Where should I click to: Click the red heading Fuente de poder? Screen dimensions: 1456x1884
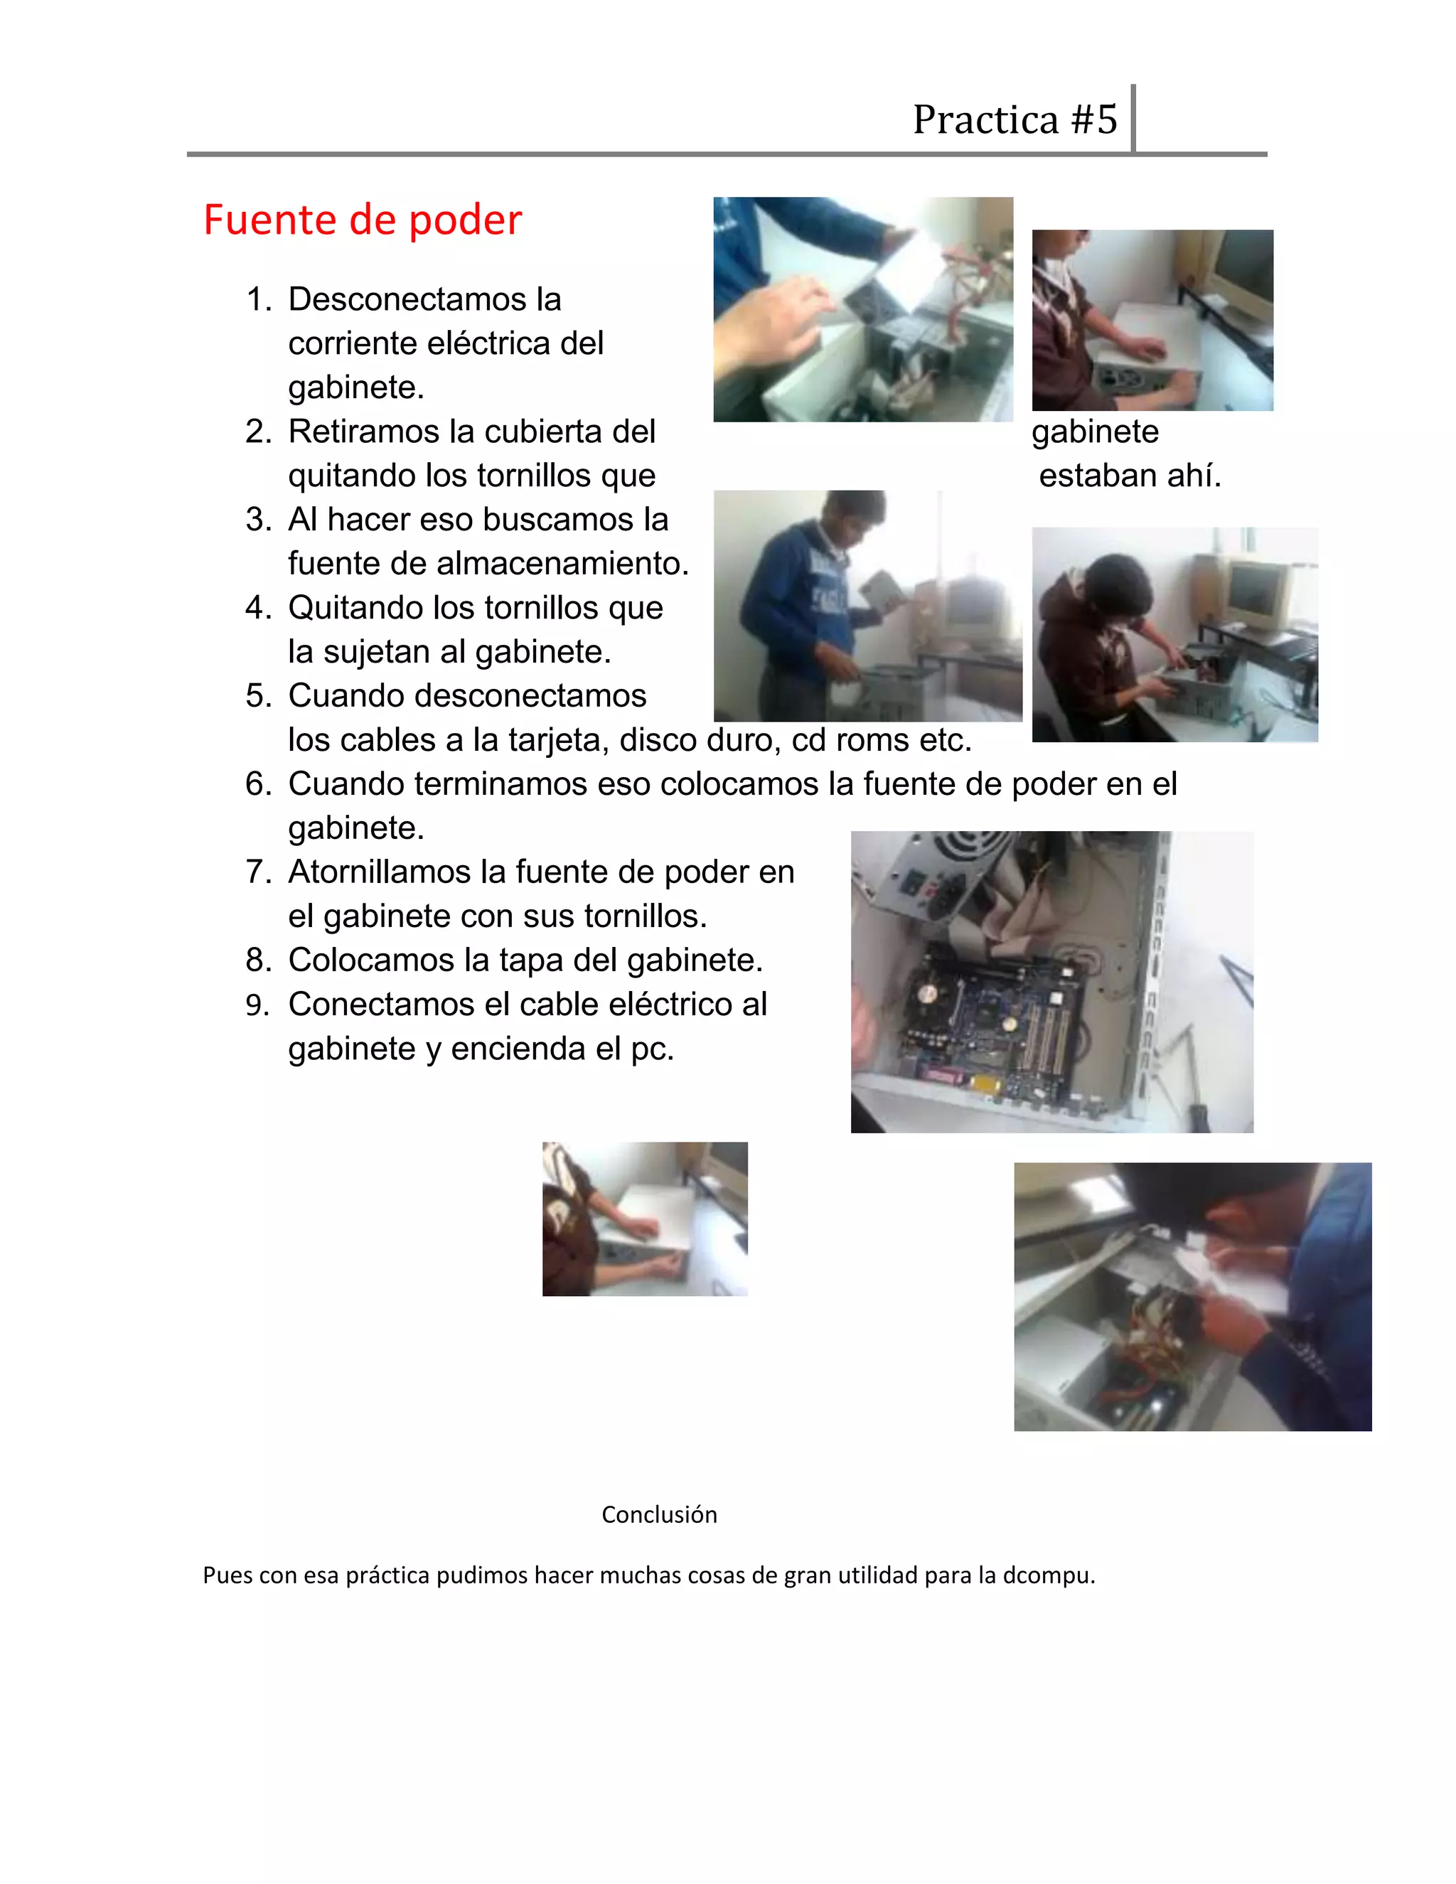363,219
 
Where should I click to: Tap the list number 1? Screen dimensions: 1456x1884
259,299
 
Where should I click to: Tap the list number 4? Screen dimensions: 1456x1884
259,607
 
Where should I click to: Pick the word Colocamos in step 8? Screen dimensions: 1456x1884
373,959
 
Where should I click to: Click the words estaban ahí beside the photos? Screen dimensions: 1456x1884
1130,476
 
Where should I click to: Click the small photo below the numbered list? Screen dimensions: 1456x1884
646,1219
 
